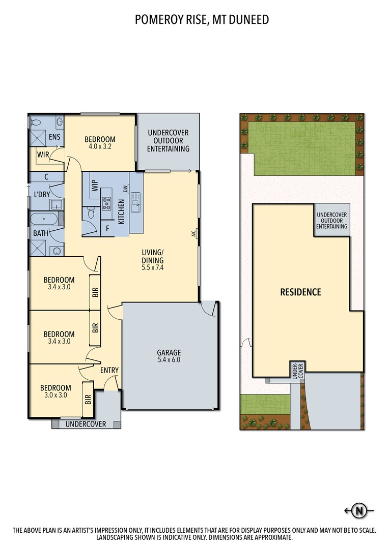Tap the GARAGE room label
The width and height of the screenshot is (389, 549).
click(169, 353)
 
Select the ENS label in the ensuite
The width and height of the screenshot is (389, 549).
click(54, 137)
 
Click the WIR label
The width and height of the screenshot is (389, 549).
click(43, 155)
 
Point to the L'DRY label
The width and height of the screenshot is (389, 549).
click(42, 194)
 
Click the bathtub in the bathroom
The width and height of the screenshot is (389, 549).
click(43, 219)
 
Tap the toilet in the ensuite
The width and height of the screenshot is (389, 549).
click(35, 123)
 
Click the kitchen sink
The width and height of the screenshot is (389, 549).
click(135, 202)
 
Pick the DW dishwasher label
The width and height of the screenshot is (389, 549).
click(125, 189)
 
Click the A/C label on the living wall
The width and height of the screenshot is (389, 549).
click(193, 233)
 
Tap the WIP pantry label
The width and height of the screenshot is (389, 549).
click(95, 186)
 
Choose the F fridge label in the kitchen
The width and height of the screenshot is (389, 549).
click(107, 229)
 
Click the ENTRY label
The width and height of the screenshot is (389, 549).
click(109, 370)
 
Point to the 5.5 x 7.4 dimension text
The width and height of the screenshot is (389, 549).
click(153, 268)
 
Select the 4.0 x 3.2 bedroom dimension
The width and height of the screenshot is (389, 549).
click(100, 147)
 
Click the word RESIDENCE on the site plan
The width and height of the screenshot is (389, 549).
click(300, 292)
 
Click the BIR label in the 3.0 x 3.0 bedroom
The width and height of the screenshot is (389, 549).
click(88, 400)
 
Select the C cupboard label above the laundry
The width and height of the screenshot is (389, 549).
click(46, 177)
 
